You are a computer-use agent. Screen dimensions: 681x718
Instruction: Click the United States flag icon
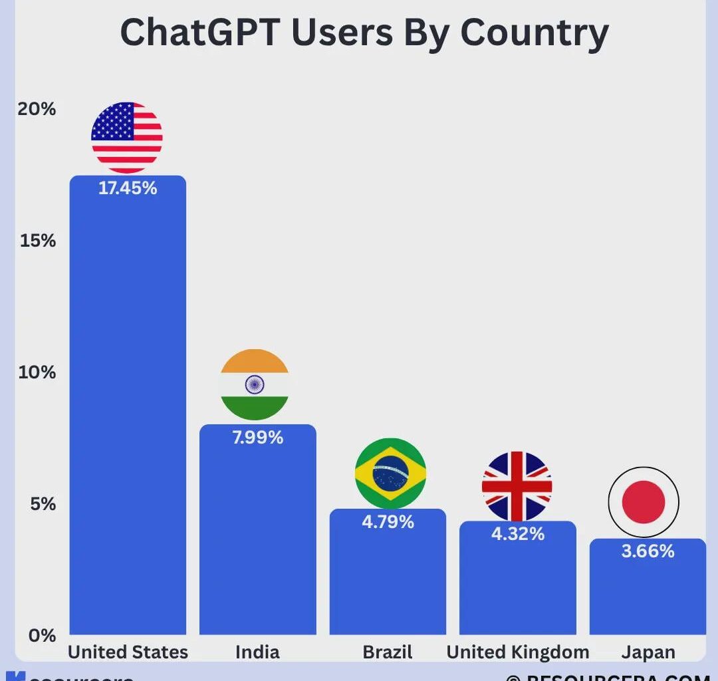126,138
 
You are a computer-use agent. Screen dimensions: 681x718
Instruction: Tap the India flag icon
255,384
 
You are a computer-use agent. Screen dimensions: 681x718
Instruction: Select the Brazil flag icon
390,474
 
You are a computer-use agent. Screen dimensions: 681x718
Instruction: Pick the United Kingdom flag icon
517,486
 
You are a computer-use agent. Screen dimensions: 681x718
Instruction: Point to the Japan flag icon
644,502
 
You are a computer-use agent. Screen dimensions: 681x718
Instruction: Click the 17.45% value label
128,188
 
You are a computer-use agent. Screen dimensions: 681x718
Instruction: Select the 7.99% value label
257,438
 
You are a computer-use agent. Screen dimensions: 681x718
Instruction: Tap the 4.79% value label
388,522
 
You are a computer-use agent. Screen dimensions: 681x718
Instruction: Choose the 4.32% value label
518,533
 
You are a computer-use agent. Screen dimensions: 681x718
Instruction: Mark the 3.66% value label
648,551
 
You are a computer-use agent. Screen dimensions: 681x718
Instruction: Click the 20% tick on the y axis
37,109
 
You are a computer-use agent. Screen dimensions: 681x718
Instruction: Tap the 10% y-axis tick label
37,372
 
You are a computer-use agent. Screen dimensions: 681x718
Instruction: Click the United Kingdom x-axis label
517,652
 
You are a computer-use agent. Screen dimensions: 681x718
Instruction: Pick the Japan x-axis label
648,652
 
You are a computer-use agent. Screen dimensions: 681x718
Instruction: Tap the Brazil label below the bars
388,652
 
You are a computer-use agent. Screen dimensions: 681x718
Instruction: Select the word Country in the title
534,33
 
